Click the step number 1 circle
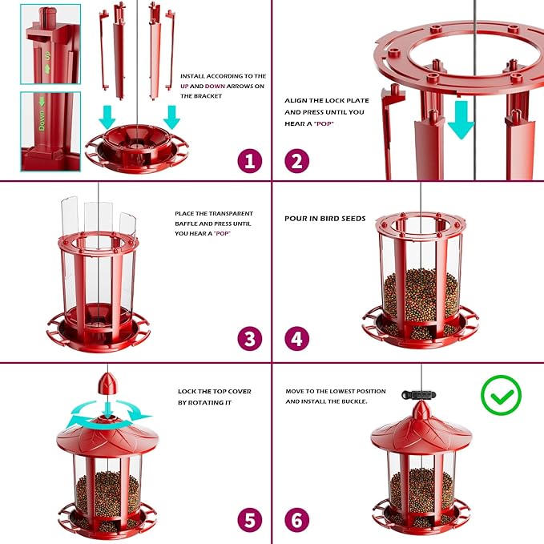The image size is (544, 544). tap(250, 161)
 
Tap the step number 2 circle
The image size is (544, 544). tap(297, 161)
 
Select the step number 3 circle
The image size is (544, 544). tap(250, 339)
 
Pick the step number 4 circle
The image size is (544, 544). tap(297, 339)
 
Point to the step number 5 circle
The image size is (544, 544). tap(250, 520)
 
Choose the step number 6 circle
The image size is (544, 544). tap(297, 520)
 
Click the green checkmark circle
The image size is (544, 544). tap(502, 395)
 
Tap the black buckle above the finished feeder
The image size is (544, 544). tap(419, 395)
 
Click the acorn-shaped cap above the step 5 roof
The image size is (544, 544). tap(108, 384)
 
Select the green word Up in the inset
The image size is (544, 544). tap(47, 55)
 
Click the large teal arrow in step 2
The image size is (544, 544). tap(461, 119)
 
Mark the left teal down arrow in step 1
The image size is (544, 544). tap(107, 117)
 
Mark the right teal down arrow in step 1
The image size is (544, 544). tap(171, 117)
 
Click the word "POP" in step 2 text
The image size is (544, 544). tap(324, 124)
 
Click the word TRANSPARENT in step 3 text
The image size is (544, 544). tap(231, 213)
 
